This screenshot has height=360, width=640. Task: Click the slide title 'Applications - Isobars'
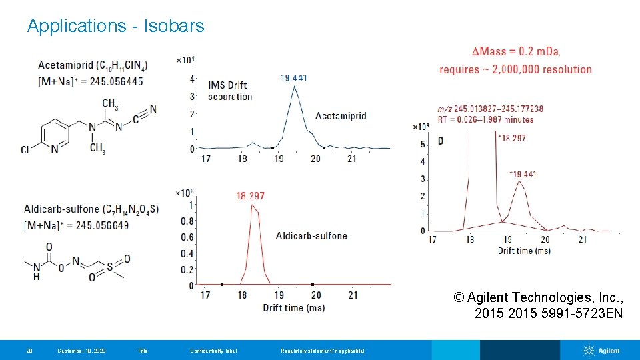pos(115,26)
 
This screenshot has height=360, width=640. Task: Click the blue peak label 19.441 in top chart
pos(294,78)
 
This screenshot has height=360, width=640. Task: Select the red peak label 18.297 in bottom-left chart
pos(251,195)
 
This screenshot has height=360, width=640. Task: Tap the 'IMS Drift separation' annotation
pos(230,91)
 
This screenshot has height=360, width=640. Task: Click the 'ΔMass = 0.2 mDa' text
pos(515,52)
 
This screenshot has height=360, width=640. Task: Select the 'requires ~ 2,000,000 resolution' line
pos(515,69)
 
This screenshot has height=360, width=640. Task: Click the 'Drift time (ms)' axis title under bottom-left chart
pos(293,307)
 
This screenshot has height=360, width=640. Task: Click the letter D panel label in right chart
pos(441,141)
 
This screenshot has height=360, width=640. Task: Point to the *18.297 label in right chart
pos(512,138)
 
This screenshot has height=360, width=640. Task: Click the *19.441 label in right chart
pos(523,174)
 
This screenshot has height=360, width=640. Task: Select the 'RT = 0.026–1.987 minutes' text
pos(485,120)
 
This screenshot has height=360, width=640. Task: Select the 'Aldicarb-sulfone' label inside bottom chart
pos(311,235)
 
